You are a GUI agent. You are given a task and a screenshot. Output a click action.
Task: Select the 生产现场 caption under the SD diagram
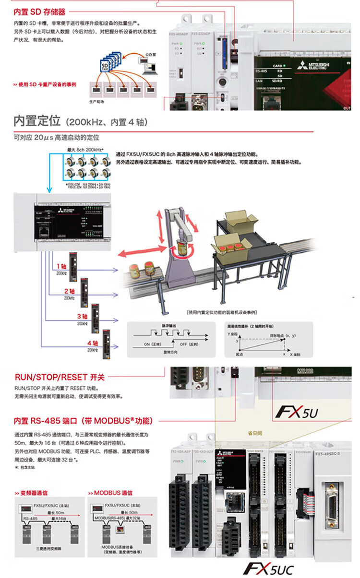point(96,102)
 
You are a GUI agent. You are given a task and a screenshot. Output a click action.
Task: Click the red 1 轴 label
point(61,266)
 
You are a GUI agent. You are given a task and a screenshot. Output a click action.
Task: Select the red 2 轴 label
point(70,291)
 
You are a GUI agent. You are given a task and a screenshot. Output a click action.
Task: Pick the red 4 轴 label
point(93,343)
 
